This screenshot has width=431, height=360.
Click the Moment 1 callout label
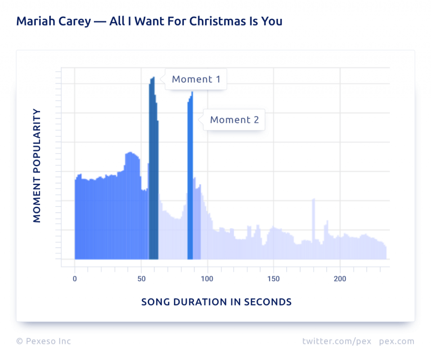[x=196, y=79]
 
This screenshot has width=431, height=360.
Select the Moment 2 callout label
[x=234, y=120]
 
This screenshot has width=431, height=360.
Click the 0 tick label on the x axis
[x=75, y=279]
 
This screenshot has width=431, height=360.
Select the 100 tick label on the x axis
[x=207, y=279]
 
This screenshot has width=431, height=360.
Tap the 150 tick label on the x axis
[x=274, y=279]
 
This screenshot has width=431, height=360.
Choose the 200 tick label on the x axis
[x=340, y=279]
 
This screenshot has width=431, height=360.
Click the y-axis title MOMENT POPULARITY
[x=37, y=166]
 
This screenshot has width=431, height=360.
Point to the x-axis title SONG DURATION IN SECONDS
[x=216, y=302]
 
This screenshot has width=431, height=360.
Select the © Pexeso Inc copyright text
[x=44, y=341]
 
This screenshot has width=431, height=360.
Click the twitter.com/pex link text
[x=337, y=341]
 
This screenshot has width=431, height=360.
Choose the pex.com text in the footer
[x=396, y=341]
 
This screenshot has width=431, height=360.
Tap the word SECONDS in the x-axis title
[x=272, y=302]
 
